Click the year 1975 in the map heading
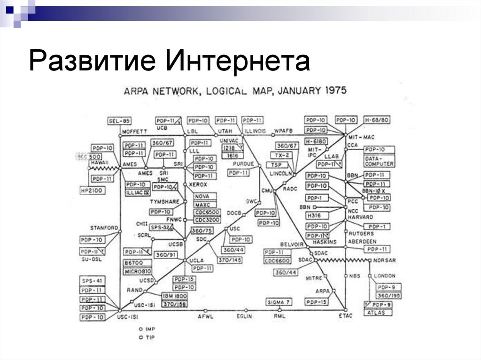point(332,90)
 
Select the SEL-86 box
point(119,121)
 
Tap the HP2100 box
point(93,190)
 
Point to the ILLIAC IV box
point(138,192)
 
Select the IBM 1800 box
point(174,296)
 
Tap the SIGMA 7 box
point(279,301)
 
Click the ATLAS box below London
point(376,312)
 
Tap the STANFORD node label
point(104,228)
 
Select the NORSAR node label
point(385,260)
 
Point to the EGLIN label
point(244,316)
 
